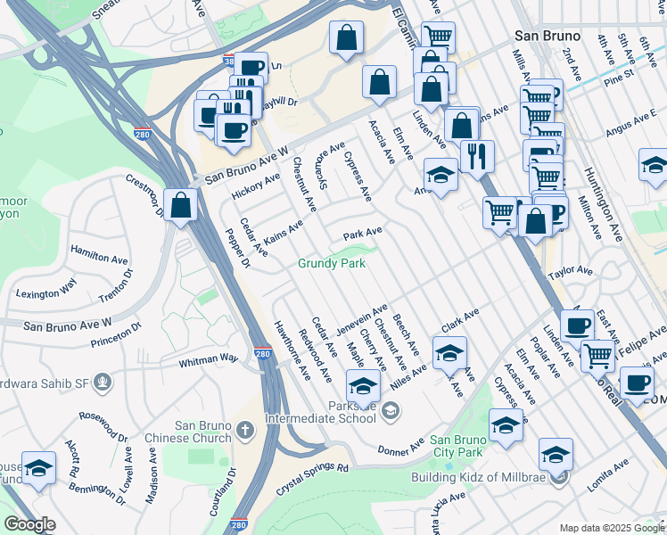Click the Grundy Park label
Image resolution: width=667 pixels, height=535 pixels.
pyautogui.click(x=332, y=264)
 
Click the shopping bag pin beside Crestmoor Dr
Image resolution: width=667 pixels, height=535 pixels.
pyautogui.click(x=181, y=206)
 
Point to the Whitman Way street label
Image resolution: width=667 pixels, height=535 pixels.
pyautogui.click(x=209, y=358)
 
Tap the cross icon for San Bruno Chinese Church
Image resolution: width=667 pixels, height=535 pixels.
pyautogui.click(x=246, y=430)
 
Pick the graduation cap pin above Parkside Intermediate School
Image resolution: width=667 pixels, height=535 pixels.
pyautogui.click(x=363, y=385)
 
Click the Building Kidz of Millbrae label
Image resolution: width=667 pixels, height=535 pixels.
pyautogui.click(x=479, y=477)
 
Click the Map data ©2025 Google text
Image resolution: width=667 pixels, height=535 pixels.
pyautogui.click(x=612, y=528)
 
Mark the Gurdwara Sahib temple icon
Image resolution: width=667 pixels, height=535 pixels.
pyautogui.click(x=104, y=383)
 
